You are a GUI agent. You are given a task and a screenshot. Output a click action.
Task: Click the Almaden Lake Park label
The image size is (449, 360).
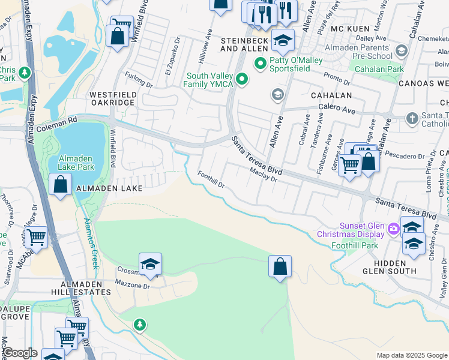[x=76, y=163]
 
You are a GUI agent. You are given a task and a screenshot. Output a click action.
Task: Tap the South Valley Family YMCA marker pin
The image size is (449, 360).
[x=241, y=79]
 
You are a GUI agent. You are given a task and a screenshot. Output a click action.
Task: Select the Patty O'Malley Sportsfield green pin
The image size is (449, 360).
[x=261, y=62]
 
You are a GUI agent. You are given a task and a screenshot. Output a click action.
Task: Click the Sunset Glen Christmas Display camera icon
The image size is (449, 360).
[x=394, y=228]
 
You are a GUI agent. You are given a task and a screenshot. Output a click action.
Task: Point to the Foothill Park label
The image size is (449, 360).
[x=355, y=245]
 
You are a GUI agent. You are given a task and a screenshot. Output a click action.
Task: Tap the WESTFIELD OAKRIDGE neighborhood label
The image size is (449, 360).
[x=113, y=99]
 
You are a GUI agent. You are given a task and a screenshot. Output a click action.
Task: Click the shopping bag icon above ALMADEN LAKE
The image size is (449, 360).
[x=61, y=185]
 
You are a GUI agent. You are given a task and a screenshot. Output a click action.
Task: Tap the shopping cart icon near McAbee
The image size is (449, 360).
[x=37, y=238]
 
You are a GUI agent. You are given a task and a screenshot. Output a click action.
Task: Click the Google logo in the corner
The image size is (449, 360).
[x=19, y=353]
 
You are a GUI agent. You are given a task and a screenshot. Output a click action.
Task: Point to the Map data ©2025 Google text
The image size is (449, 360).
[x=412, y=355]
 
